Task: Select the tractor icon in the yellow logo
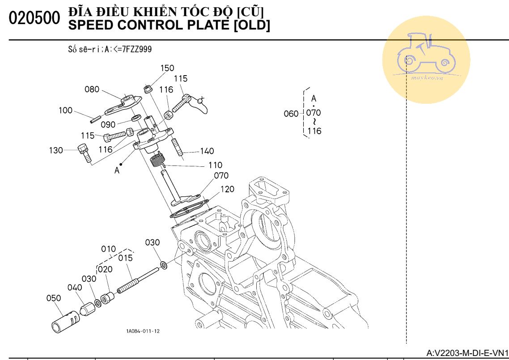[x=426, y=53]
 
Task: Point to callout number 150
[x=167, y=68]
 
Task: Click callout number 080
[x=92, y=89]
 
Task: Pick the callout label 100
[x=65, y=110]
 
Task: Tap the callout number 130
[x=56, y=150]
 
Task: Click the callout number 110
[x=215, y=165]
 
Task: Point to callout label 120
[x=227, y=189]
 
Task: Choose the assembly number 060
[x=291, y=114]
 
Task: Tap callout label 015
[x=126, y=258]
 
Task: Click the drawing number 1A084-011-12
[x=143, y=331]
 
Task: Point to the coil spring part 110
[x=157, y=159]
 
